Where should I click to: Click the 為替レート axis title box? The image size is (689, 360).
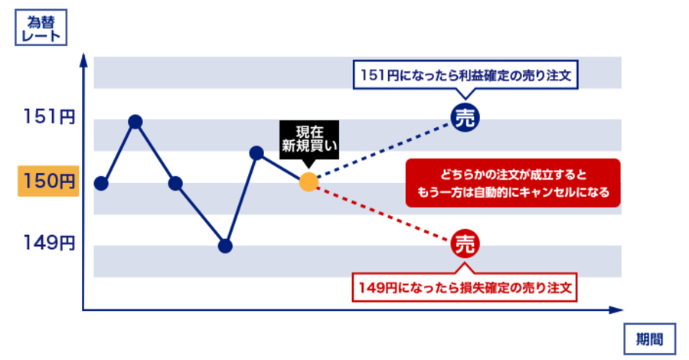point(41,28)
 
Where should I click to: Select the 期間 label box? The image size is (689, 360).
point(649,339)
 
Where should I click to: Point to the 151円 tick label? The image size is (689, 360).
point(49,117)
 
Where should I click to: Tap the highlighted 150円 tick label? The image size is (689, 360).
point(48,181)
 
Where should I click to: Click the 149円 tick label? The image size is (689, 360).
point(49,243)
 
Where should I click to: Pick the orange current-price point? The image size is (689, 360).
point(309,182)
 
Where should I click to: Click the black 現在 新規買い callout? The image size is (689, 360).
point(309,141)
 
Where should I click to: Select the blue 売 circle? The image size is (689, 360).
point(465,118)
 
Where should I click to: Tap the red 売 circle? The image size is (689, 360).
point(465,244)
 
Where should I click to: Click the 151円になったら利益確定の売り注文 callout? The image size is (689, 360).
point(465,76)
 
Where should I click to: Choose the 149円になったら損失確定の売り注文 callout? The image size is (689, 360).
point(465,287)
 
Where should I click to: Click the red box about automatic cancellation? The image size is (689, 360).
point(513,183)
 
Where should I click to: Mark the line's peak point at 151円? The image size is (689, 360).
point(136,122)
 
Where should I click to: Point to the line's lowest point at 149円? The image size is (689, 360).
point(225,246)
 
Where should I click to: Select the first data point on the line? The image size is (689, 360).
point(101,183)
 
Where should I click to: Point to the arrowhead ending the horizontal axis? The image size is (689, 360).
point(616,310)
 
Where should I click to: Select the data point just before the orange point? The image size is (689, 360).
point(256,153)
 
